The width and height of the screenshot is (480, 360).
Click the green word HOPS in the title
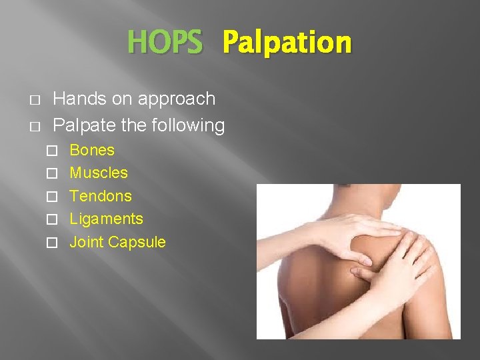tap(164, 43)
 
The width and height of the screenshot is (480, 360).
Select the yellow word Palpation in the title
tap(287, 43)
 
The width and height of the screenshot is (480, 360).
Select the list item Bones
tap(92, 150)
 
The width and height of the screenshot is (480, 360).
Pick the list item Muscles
tap(99, 173)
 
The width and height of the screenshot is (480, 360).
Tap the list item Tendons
tap(101, 196)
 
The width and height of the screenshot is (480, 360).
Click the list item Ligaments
tap(106, 219)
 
